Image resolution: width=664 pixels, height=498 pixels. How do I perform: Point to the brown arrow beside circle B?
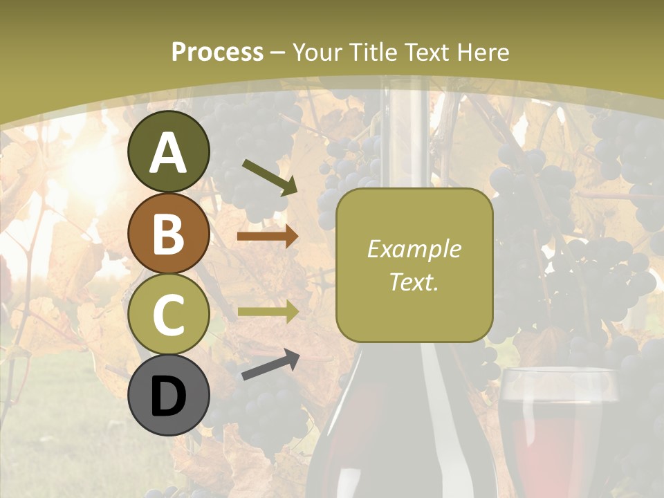point(268,237)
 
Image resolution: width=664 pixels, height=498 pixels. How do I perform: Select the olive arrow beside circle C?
point(268,311)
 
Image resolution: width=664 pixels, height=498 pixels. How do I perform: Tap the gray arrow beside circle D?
point(270,365)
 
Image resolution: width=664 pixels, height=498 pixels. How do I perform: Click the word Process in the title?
point(217,52)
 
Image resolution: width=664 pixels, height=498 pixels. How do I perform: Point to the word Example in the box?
point(414,249)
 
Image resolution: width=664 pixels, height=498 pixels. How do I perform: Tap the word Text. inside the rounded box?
point(414,282)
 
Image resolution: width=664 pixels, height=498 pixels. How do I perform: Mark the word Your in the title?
point(315,52)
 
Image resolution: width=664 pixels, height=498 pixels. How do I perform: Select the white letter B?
point(169,234)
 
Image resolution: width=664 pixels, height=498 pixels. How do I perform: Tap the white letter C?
point(169,314)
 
